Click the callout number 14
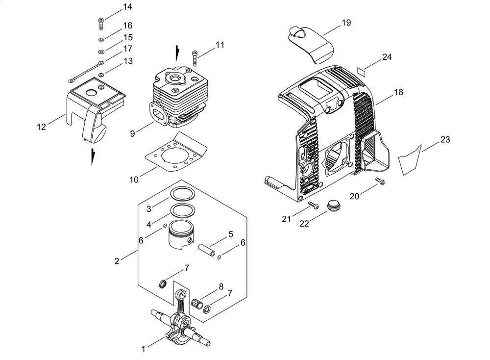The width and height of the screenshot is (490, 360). [127, 7]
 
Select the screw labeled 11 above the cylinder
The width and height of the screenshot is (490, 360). [195, 58]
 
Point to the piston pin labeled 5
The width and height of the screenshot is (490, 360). [207, 251]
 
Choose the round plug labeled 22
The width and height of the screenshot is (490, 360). [334, 206]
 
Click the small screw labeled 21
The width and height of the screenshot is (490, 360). [313, 205]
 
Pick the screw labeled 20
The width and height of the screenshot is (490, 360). [380, 181]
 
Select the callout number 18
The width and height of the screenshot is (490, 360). [398, 92]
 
